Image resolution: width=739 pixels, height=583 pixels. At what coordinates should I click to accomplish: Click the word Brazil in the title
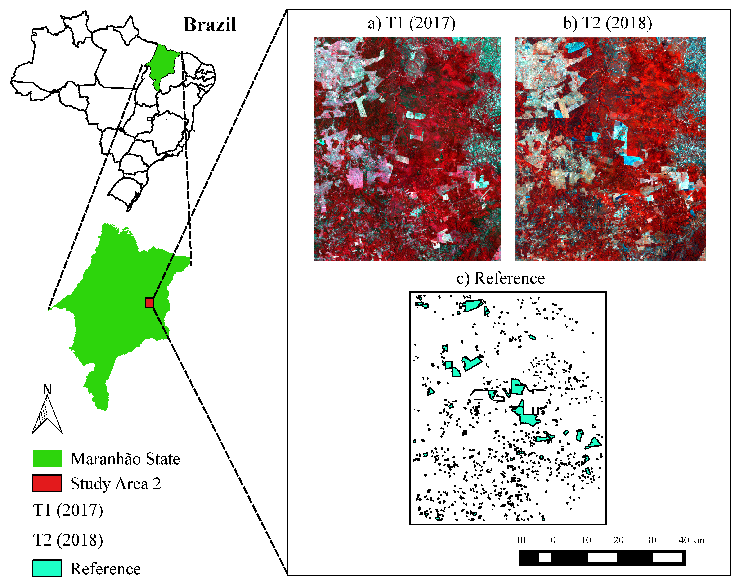[x=210, y=24]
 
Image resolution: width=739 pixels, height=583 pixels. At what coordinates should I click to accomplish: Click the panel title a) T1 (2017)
[x=412, y=23]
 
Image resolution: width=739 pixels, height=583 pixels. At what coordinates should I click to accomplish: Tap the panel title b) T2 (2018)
[x=608, y=23]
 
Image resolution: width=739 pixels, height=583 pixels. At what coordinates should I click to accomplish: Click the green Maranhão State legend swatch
[x=47, y=458]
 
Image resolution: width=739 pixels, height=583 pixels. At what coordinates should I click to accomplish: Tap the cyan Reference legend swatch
[x=47, y=568]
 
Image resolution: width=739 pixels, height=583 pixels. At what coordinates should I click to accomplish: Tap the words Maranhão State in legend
[x=125, y=459]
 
